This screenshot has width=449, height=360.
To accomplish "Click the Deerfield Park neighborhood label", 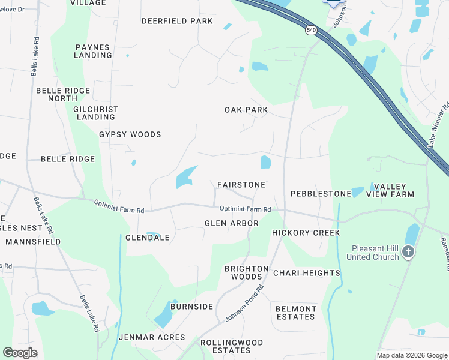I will (177, 21).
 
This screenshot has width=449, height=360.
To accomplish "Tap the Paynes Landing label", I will (93, 51).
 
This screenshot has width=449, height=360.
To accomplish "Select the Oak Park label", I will (246, 110).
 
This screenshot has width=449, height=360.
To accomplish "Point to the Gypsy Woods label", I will (130, 134).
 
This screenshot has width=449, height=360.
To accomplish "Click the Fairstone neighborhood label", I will (241, 185).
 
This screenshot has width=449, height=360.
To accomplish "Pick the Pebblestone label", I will (321, 194).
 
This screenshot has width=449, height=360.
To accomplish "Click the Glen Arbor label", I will (231, 223).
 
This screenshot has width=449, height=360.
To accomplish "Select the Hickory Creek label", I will (306, 233).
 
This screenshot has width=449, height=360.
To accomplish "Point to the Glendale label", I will (148, 238).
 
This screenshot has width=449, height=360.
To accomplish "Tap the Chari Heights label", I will (307, 273).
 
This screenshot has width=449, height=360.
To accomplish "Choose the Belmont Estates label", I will (295, 313).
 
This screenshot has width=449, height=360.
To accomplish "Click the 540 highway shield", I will (310, 30).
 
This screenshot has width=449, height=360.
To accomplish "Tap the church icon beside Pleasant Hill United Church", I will (408, 252).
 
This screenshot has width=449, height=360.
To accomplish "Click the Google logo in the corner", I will (20, 353).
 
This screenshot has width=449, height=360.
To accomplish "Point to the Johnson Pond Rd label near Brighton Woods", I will (245, 304).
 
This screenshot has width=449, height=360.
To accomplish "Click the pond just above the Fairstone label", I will (265, 162).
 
